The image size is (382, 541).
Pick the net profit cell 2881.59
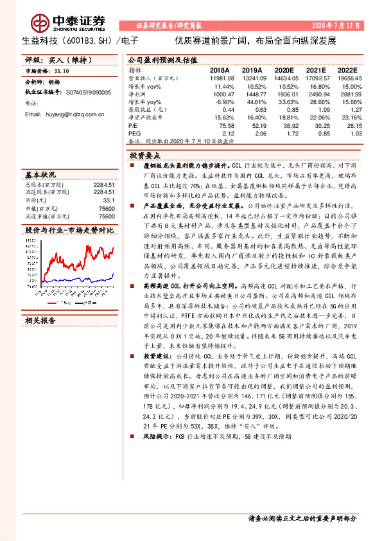[x=349, y=93]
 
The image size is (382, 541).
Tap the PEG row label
[x=135, y=133]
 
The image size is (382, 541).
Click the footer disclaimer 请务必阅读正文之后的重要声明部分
[x=302, y=519]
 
